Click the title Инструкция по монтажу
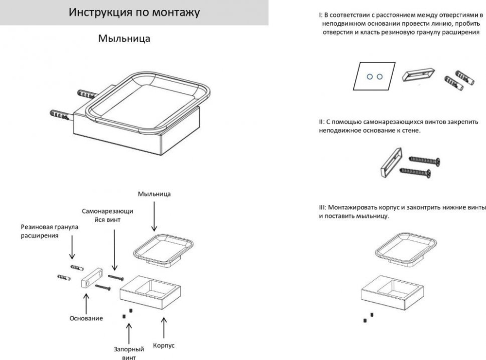point(134,13)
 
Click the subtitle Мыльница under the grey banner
point(124,38)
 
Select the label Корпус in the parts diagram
point(163,345)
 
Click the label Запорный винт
point(129,353)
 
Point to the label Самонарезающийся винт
point(107,216)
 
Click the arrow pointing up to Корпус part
point(164,327)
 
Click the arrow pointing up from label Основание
point(86,302)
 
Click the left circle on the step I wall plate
point(369,76)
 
